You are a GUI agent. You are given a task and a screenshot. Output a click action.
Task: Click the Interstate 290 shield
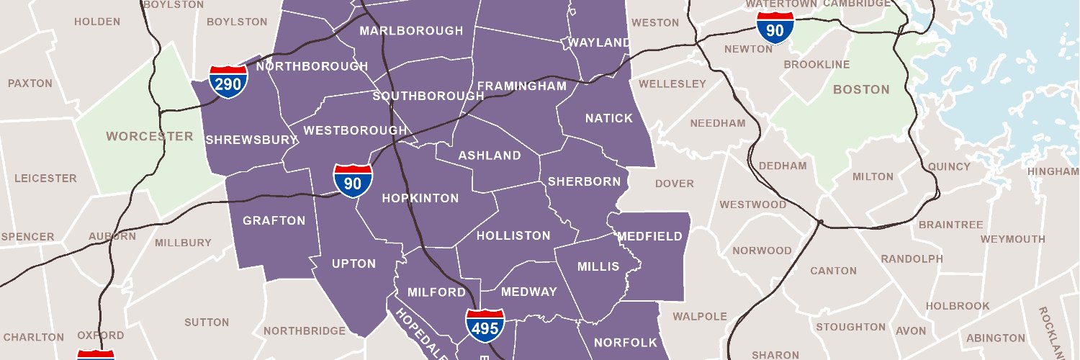pyautogui.click(x=228, y=82)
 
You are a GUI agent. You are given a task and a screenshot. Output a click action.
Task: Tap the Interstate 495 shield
pyautogui.click(x=485, y=326)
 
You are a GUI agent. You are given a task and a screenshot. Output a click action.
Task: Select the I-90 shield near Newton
pyautogui.click(x=775, y=29)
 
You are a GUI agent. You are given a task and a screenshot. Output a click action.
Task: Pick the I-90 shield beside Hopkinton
pyautogui.click(x=353, y=181)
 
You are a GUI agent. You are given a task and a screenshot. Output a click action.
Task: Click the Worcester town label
pyautogui.click(x=150, y=136)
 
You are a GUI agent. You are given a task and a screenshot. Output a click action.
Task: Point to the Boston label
pyautogui.click(x=861, y=89)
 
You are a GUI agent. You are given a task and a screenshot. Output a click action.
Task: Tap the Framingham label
pyautogui.click(x=521, y=86)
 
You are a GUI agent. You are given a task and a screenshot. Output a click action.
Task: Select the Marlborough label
pyautogui.click(x=411, y=31)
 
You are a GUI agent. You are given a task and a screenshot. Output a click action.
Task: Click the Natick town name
pyautogui.click(x=608, y=118)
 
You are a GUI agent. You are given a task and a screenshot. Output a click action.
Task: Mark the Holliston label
pyautogui.click(x=513, y=235)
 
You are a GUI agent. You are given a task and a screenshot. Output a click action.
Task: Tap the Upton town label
pyautogui.click(x=354, y=264)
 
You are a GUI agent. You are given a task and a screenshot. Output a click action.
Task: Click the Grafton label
pyautogui.click(x=274, y=220)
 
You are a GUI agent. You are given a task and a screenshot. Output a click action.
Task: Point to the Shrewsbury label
pyautogui.click(x=241, y=140)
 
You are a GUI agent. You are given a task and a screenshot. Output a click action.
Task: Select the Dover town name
pyautogui.click(x=675, y=184)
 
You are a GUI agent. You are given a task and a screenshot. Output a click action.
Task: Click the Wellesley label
pyautogui.click(x=672, y=84)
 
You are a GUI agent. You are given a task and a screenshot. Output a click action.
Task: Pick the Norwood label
pyautogui.click(x=762, y=251)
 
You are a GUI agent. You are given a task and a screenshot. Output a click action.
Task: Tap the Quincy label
pyautogui.click(x=949, y=166)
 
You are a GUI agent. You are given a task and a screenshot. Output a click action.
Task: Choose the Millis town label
pyautogui.click(x=598, y=266)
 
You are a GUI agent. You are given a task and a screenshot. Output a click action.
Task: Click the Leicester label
pyautogui.click(x=45, y=178)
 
